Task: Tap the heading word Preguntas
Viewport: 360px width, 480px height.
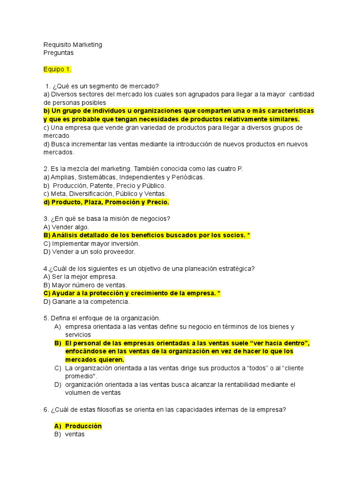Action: (59, 53)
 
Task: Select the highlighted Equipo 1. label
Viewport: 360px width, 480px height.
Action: (58, 70)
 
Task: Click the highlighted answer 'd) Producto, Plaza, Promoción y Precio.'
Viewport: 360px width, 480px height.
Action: (106, 202)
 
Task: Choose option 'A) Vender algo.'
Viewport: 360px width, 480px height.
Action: (66, 227)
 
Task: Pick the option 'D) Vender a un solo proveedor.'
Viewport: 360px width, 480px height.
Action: (89, 252)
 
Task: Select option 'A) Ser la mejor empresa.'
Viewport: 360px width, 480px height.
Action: (80, 277)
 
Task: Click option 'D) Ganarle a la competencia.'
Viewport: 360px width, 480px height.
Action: (86, 301)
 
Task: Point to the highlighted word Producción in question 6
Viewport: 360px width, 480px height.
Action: (83, 426)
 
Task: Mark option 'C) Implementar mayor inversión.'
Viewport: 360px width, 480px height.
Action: (91, 244)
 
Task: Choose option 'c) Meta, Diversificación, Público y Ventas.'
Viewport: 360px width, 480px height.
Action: (105, 194)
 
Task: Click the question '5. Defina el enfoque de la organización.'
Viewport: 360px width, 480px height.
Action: (102, 318)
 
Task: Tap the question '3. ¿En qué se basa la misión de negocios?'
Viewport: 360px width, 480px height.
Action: (106, 218)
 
